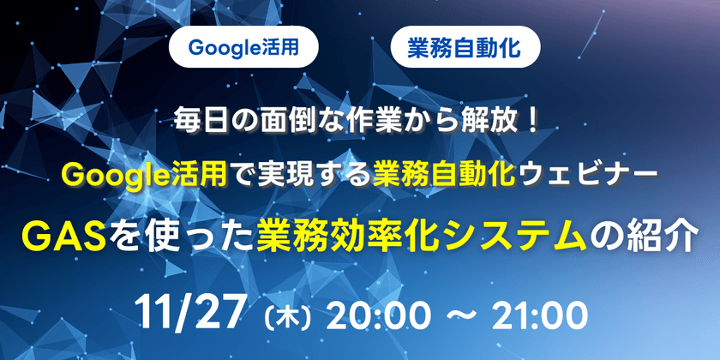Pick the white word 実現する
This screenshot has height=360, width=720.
point(327,176)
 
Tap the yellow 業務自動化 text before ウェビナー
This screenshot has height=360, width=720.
point(442,176)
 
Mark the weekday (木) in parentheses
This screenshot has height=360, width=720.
point(284,315)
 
